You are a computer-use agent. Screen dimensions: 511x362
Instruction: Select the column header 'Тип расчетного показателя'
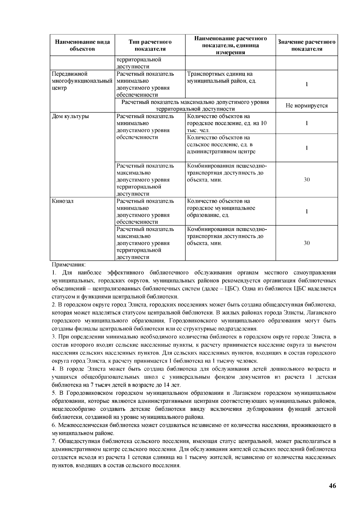coord(150,45)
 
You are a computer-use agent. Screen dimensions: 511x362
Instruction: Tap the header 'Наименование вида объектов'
coord(82,45)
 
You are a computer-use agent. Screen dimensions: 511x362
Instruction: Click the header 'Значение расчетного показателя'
coord(306,45)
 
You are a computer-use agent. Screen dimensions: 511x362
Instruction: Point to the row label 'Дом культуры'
coord(71,116)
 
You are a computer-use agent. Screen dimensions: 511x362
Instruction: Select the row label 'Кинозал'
coord(63,201)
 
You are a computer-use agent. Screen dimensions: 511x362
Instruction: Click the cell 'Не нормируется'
coord(306,106)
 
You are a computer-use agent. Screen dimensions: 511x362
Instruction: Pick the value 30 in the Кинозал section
coord(306,243)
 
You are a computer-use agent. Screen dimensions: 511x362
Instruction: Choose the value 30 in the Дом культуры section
coord(306,180)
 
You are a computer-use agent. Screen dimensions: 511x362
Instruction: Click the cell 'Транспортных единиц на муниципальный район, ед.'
coord(222,78)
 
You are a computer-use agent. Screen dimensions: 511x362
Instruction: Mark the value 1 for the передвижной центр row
coord(306,84)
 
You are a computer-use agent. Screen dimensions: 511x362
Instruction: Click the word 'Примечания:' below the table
coord(69,265)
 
